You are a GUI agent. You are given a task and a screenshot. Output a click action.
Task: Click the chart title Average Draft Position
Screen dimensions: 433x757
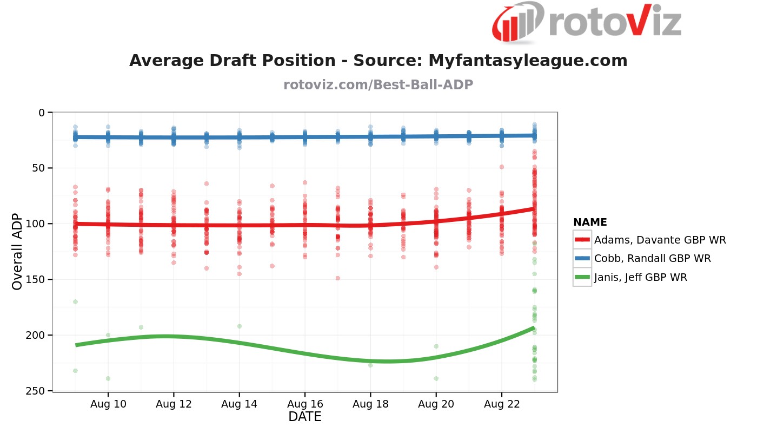click(378, 61)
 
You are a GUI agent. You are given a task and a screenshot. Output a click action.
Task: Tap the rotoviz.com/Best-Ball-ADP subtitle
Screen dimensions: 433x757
click(378, 85)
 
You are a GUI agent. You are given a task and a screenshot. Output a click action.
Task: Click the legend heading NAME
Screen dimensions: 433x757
click(590, 222)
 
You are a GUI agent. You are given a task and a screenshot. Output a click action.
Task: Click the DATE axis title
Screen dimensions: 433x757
click(305, 417)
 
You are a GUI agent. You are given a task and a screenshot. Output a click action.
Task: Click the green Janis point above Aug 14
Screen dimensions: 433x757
click(240, 326)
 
